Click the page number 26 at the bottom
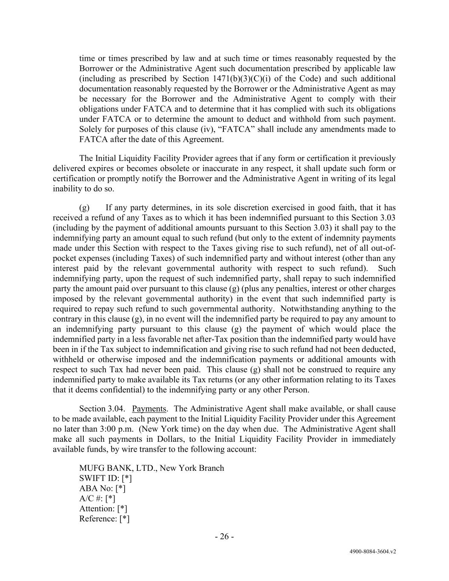224,536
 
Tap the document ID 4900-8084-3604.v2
373,551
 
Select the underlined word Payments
149,409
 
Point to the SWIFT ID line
106,478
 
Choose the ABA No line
102,488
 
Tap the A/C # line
97,498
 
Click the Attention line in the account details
103,509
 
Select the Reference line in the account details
104,519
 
